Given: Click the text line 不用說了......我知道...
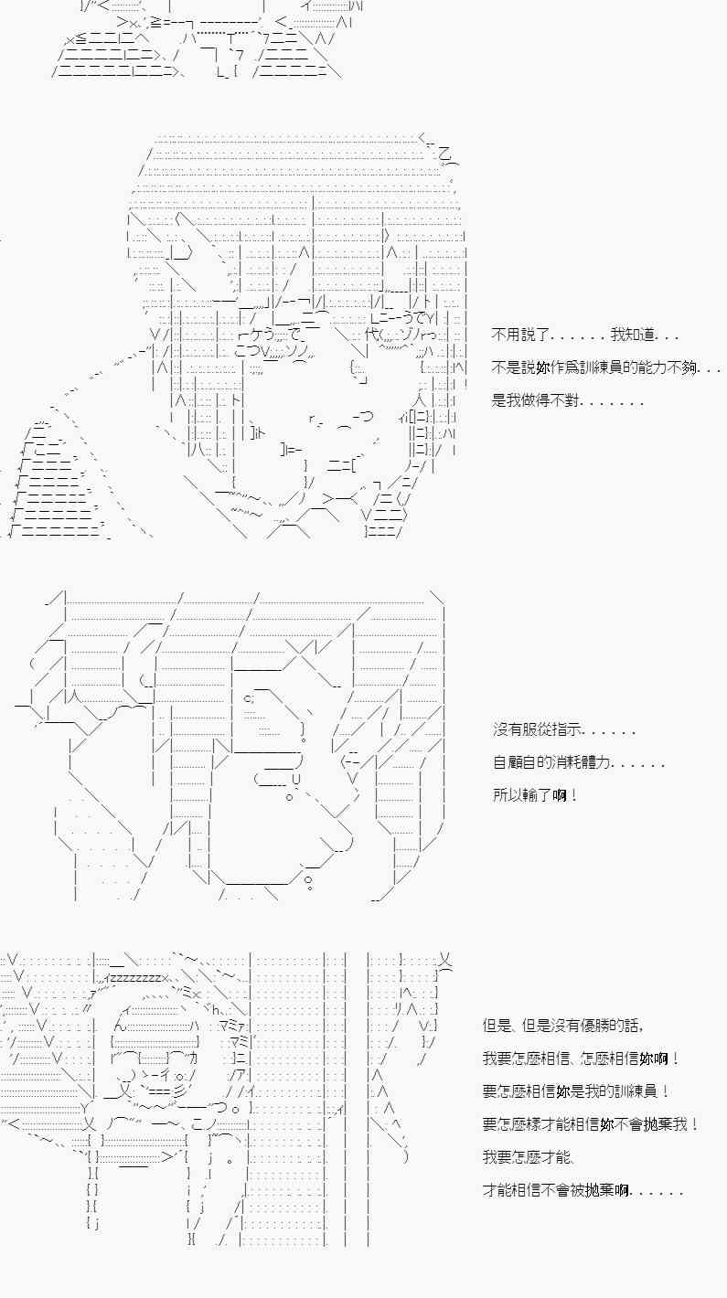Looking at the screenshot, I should coord(584,335).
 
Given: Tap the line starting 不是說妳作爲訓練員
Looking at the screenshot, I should coord(604,367).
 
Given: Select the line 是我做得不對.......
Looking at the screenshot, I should coord(567,400).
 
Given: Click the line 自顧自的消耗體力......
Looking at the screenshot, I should coord(578,762).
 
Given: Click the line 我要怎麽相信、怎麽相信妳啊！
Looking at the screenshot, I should coord(582,1059).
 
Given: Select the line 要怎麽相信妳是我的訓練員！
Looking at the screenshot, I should coord(575,1091).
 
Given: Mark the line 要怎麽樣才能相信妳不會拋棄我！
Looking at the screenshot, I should coord(591,1124).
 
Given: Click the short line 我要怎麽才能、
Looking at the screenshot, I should coord(528,1157).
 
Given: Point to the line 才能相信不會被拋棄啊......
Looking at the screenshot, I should coord(582,1190).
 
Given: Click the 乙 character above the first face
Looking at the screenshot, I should coord(445,153).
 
